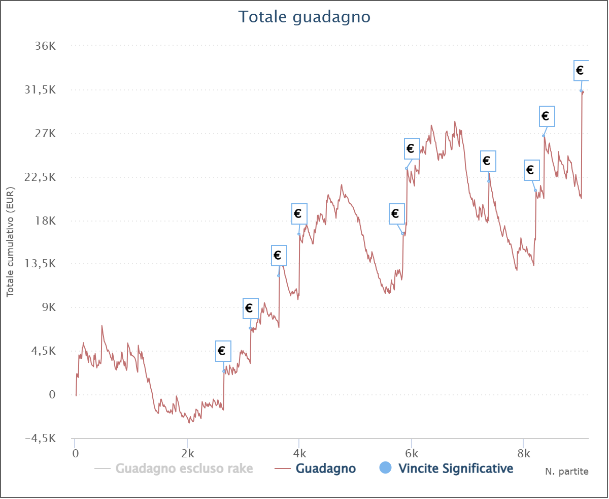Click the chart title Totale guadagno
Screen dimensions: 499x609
point(304,17)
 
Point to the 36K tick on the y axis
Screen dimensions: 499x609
point(46,46)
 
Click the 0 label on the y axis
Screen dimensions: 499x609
point(52,395)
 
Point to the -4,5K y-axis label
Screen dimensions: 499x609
point(41,439)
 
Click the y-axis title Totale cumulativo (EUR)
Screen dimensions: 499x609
point(10,242)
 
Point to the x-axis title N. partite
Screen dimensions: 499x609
point(567,472)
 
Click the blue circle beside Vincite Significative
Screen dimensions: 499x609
point(386,468)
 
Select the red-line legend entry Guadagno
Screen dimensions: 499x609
point(325,468)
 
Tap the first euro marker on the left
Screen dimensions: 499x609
point(222,351)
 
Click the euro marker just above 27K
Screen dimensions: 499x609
point(547,116)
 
